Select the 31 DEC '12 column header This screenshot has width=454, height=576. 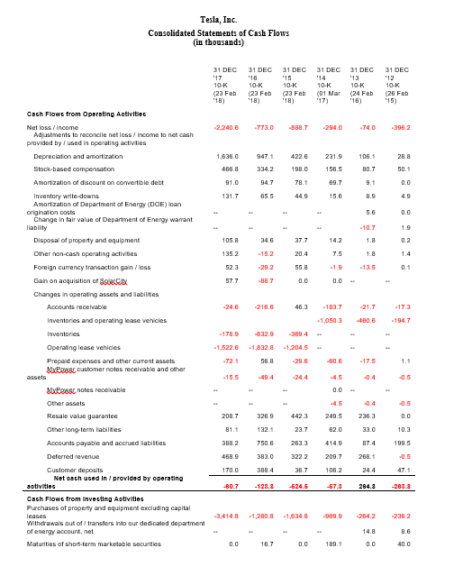tap(396, 85)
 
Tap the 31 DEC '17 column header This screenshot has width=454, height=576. tap(224, 85)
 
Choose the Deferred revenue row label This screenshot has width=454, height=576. tap(73, 457)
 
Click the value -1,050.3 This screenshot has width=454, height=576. tap(330, 320)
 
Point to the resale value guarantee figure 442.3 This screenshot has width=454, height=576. tap(297, 416)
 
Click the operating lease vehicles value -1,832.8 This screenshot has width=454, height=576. tap(259, 347)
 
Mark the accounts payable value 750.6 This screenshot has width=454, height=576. tap(262, 443)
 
